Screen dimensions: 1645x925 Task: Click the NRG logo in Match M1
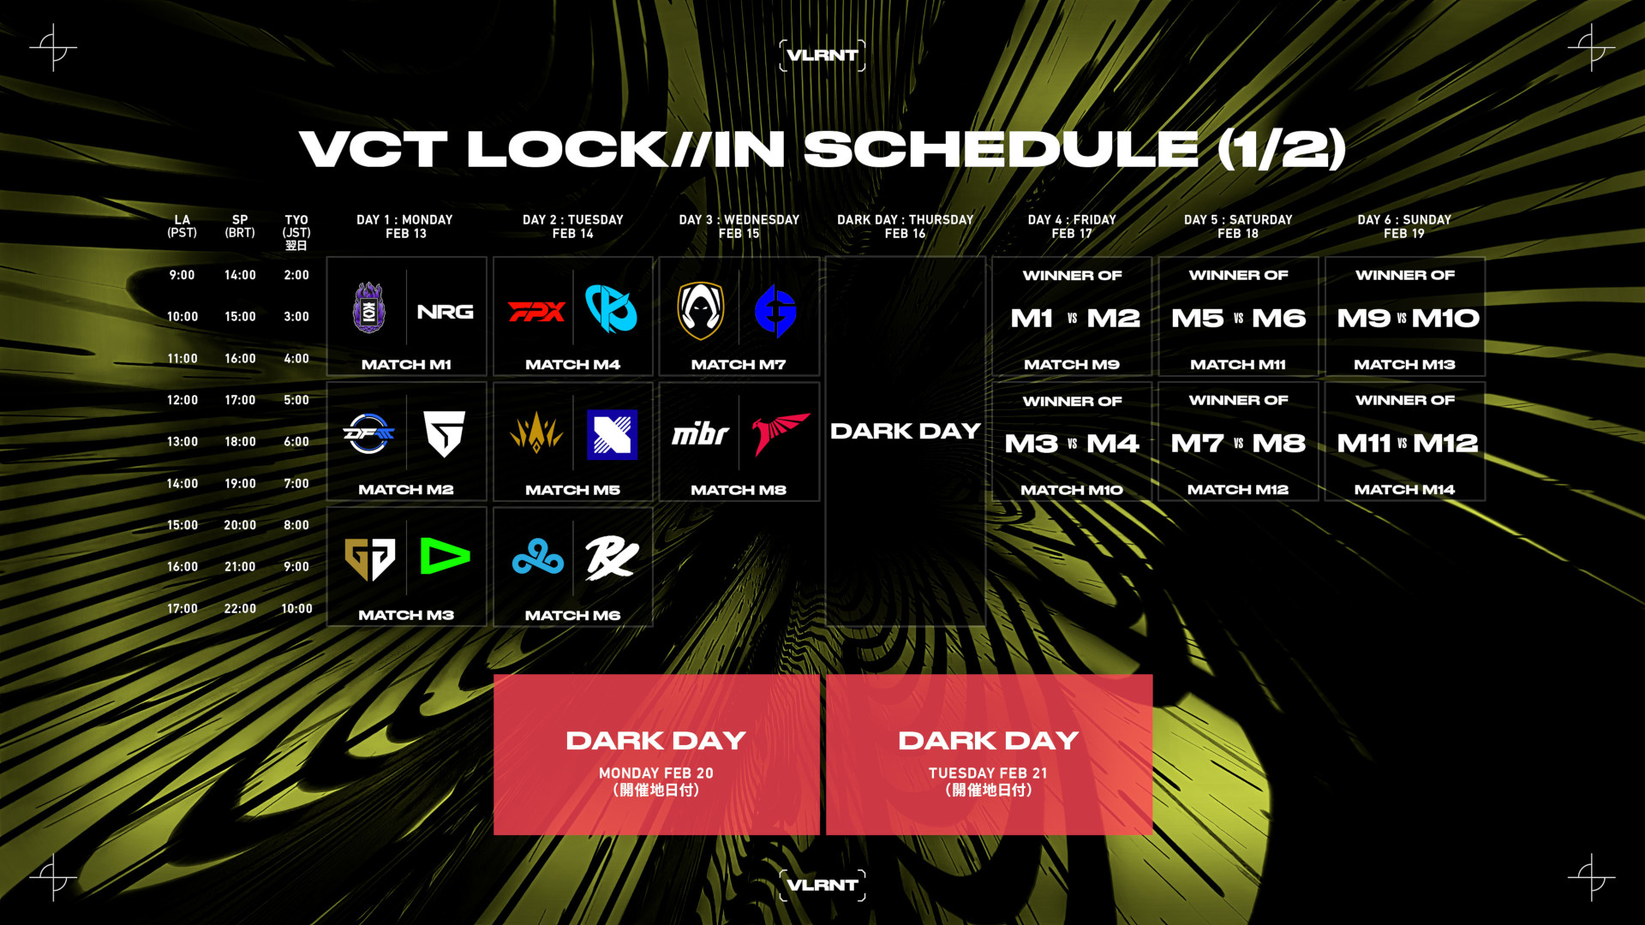pos(445,312)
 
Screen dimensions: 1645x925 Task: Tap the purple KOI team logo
pos(369,307)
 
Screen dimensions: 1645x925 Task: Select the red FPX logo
pos(536,312)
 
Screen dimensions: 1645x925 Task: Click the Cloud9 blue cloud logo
pos(538,558)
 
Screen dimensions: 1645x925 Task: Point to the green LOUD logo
pos(445,557)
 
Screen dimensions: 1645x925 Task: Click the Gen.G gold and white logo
pos(369,558)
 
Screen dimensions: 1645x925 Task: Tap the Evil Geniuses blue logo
pos(775,311)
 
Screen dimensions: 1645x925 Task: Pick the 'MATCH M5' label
pos(572,490)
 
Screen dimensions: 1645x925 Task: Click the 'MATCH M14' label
pos(1404,490)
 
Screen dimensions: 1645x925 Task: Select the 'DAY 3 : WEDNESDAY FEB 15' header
pos(739,226)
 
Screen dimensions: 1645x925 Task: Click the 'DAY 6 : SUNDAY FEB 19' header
pos(1404,226)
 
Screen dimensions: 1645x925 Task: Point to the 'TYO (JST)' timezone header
pos(296,226)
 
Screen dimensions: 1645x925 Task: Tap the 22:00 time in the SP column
pos(240,609)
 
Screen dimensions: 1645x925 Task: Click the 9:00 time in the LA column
pos(182,275)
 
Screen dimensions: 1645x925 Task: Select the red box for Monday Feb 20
pos(656,755)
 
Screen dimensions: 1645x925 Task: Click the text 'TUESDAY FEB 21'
pos(988,773)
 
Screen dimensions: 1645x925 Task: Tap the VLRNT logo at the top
pos(822,56)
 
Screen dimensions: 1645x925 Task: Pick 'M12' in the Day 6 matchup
pos(1445,444)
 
